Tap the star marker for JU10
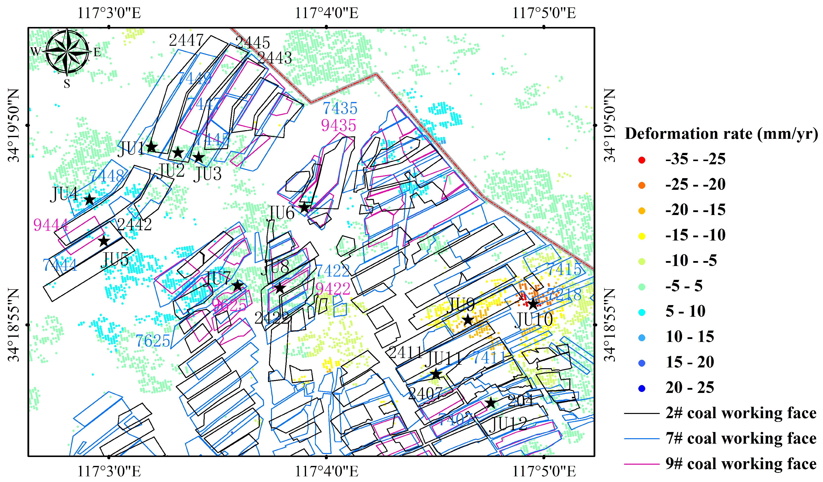[533, 304]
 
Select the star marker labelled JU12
[490, 403]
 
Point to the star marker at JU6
[304, 207]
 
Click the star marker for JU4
[89, 199]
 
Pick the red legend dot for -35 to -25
[642, 160]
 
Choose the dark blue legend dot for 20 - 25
[642, 388]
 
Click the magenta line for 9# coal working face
[642, 464]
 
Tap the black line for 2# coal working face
[642, 413]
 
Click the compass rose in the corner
[67, 52]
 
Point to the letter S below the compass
[67, 84]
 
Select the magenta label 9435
[338, 125]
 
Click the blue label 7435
[340, 108]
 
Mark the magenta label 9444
[51, 225]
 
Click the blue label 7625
[153, 341]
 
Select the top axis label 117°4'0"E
[327, 13]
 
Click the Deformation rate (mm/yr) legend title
[721, 134]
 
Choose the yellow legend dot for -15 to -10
[642, 236]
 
